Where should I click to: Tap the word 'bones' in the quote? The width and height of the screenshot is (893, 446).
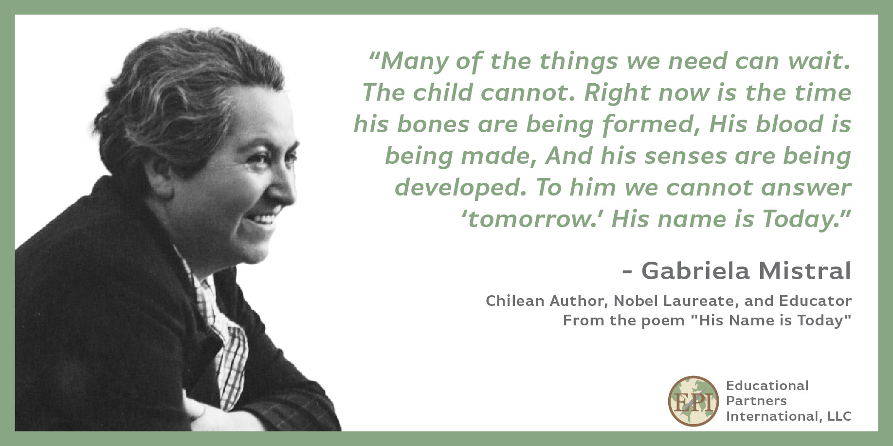(x=433, y=125)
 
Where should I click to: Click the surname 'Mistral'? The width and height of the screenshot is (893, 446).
(x=805, y=271)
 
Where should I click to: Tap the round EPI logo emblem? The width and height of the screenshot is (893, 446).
(x=693, y=401)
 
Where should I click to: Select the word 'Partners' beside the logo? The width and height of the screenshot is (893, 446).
(x=756, y=401)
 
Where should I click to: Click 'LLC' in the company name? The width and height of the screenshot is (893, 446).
(x=839, y=416)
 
